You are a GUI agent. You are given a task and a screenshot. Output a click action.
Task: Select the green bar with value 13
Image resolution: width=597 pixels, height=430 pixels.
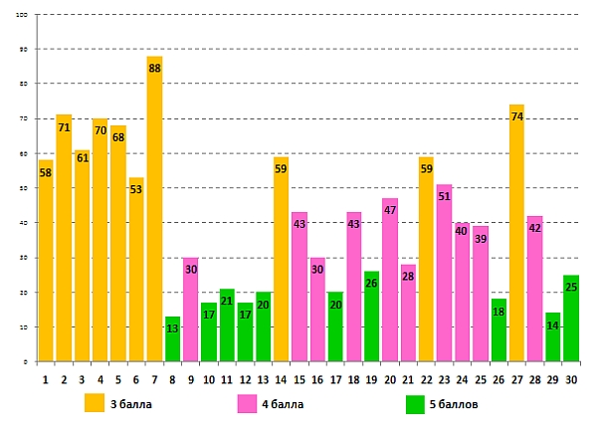(x=172, y=343)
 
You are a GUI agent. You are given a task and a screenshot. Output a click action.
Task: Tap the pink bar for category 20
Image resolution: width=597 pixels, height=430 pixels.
(x=390, y=289)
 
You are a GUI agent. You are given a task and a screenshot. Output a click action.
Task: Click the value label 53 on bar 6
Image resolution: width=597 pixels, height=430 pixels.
(x=136, y=190)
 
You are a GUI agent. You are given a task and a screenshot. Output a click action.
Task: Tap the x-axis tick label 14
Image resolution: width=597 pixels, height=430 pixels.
(x=281, y=378)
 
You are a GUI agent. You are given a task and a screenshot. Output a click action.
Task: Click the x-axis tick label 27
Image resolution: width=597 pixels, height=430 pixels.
(x=516, y=378)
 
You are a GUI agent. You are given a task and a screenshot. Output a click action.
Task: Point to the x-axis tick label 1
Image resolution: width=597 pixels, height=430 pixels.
(x=45, y=378)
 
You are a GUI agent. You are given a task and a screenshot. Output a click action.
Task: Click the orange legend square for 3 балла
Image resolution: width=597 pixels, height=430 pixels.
(x=94, y=403)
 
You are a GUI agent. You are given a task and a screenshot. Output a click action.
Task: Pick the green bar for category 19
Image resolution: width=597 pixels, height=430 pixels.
(x=371, y=319)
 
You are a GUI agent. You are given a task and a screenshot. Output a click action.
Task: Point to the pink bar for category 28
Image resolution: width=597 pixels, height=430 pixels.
(x=534, y=294)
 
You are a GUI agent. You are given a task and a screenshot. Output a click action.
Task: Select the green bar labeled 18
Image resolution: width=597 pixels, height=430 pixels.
(x=498, y=333)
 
